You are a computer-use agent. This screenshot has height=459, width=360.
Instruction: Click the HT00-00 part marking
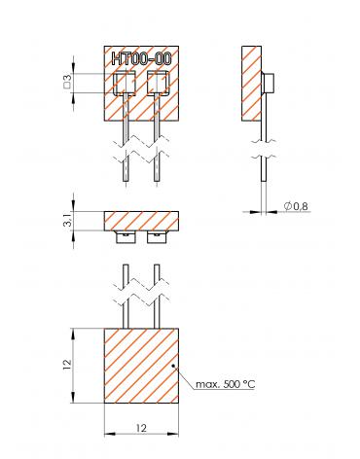tap(141, 58)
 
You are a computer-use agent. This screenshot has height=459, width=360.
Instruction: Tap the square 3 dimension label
tap(67, 83)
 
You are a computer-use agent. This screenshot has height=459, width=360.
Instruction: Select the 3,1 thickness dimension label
tap(67, 221)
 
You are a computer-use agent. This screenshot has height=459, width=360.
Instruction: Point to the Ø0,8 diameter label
tap(296, 206)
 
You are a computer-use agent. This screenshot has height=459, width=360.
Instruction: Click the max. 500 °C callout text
tap(226, 384)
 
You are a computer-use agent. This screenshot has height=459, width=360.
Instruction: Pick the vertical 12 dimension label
tap(67, 365)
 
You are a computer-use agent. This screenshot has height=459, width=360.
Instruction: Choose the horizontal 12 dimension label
tap(141, 428)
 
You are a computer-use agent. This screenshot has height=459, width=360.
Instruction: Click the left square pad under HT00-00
tap(125, 83)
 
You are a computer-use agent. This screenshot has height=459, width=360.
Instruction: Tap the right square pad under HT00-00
tap(159, 83)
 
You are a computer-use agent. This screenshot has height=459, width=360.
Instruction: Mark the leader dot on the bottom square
tap(173, 366)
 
